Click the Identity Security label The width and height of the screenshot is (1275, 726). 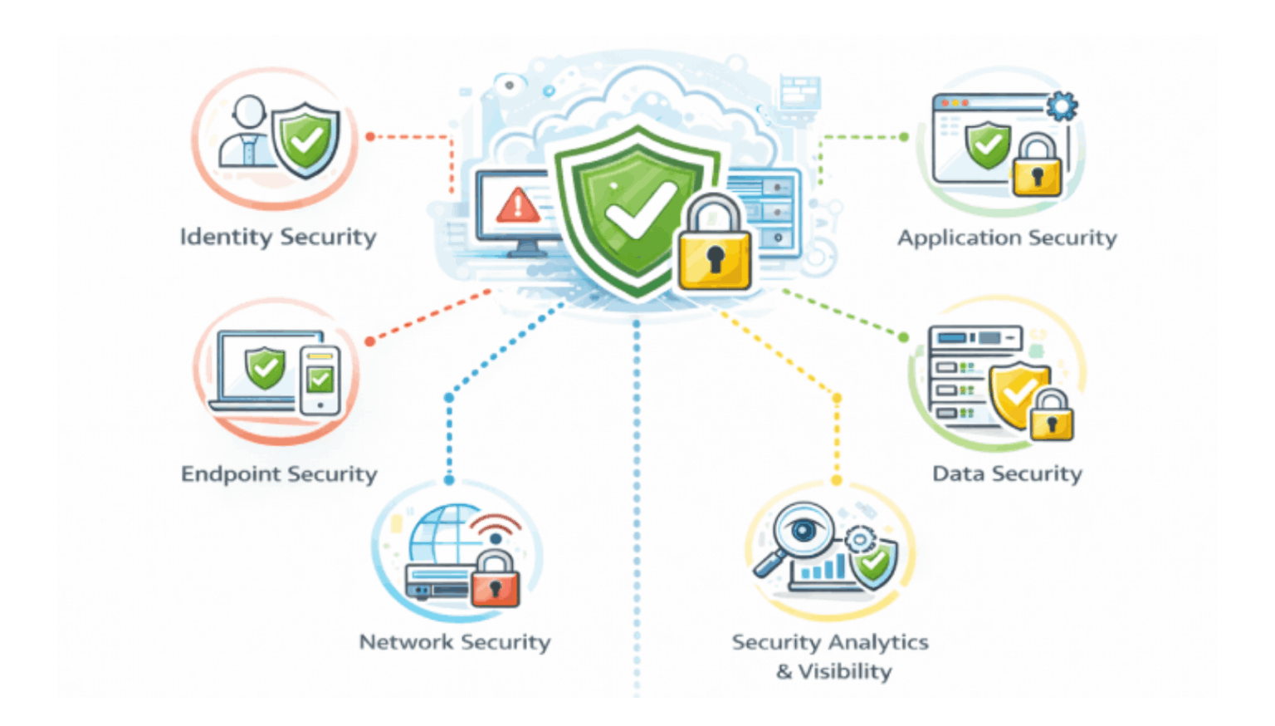coord(278,237)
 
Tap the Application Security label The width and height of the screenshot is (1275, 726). coord(1006,238)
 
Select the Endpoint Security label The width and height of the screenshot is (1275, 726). coord(279,473)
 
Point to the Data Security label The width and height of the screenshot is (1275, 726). coord(1007,473)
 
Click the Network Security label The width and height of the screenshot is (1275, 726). coord(454,642)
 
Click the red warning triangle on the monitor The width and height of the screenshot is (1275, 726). coord(517,205)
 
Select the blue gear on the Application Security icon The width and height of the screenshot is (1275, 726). coord(1061,106)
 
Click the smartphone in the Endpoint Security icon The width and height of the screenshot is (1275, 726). coord(320,380)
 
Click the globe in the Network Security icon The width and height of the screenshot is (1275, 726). coord(444,536)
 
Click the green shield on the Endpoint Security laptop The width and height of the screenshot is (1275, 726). coord(265,368)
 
